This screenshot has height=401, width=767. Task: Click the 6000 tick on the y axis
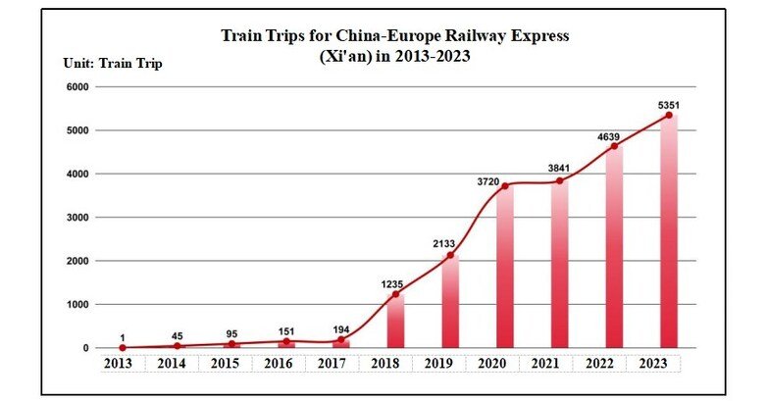77,87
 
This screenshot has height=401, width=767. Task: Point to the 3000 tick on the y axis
77,218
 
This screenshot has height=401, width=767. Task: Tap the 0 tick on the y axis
86,348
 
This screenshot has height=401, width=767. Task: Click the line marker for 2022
614,147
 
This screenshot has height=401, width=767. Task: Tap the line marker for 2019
450,256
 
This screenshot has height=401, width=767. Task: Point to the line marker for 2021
559,181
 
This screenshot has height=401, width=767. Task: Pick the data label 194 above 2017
340,327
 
